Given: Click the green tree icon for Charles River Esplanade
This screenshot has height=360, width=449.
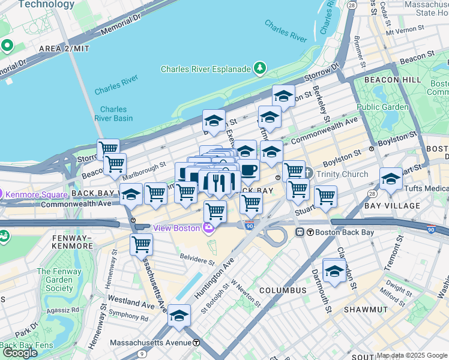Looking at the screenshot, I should pyautogui.click(x=260, y=68).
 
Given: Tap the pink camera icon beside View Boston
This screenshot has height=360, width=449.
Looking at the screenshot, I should pyautogui.click(x=208, y=227).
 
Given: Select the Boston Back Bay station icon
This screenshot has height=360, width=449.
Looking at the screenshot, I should pyautogui.click(x=300, y=232).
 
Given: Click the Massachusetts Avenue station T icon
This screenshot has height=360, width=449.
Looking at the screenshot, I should pyautogui.click(x=196, y=343).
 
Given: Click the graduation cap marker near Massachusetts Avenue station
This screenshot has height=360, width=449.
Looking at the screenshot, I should pyautogui.click(x=179, y=315).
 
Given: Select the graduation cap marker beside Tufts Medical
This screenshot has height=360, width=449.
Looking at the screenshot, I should pyautogui.click(x=391, y=178).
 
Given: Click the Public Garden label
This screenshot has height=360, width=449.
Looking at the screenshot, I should pyautogui.click(x=382, y=107).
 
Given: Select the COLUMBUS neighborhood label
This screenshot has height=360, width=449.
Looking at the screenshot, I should pyautogui.click(x=283, y=290).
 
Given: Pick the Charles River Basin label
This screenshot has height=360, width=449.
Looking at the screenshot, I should pyautogui.click(x=113, y=113).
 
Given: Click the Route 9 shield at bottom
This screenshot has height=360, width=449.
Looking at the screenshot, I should pyautogui.click(x=141, y=355).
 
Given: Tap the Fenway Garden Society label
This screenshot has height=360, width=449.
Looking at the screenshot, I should pyautogui.click(x=55, y=280).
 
